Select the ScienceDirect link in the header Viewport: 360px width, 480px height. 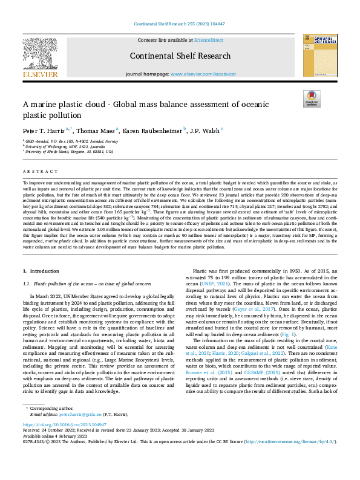tap(208, 39)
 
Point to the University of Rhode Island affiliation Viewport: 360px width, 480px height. tap(68, 152)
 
